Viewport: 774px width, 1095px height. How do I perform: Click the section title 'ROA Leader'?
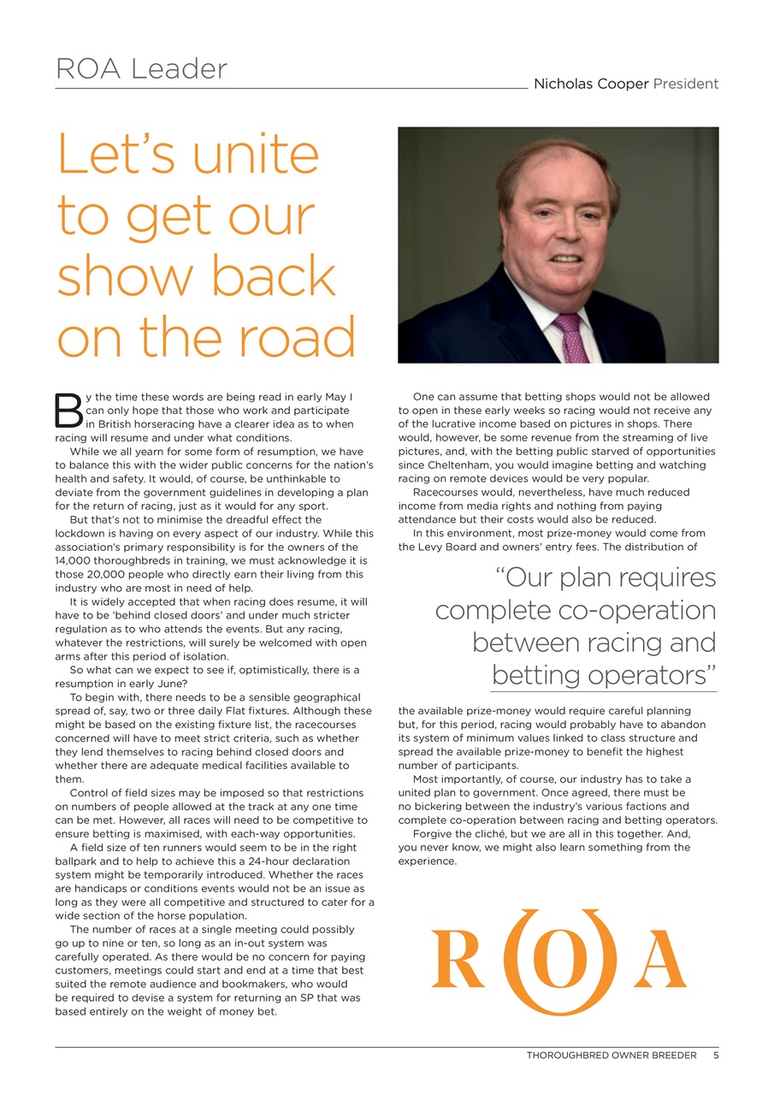141,69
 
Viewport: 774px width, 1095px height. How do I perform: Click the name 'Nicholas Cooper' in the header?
591,84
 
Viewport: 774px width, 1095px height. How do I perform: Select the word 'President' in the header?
686,84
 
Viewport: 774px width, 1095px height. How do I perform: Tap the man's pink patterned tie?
570,337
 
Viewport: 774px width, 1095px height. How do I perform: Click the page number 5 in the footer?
716,1056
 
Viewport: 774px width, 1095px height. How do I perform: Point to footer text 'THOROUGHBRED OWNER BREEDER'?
612,1056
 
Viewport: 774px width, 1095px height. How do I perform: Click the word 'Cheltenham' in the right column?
441,465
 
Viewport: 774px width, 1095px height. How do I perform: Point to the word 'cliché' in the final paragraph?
492,834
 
